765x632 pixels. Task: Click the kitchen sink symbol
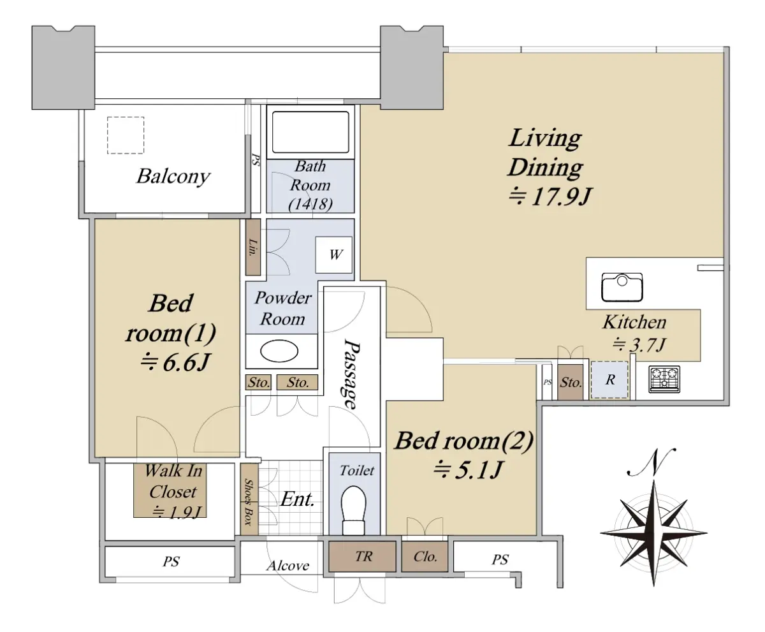622,287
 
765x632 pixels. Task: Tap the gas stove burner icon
664,379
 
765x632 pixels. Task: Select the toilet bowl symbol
354,510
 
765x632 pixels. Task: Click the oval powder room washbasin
279,351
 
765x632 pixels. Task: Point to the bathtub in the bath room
310,133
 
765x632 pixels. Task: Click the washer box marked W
334,255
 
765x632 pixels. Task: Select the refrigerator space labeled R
609,380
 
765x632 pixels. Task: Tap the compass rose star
653,533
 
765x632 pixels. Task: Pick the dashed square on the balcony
126,135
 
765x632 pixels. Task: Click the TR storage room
362,557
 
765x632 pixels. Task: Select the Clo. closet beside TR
425,557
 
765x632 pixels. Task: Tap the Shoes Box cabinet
249,499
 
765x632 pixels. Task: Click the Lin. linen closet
253,247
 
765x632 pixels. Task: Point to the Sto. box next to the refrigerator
571,382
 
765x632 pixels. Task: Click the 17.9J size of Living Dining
550,197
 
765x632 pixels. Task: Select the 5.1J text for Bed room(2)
468,470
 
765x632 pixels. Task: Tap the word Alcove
288,566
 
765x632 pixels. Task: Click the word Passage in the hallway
352,374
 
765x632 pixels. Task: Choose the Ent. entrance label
297,499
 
